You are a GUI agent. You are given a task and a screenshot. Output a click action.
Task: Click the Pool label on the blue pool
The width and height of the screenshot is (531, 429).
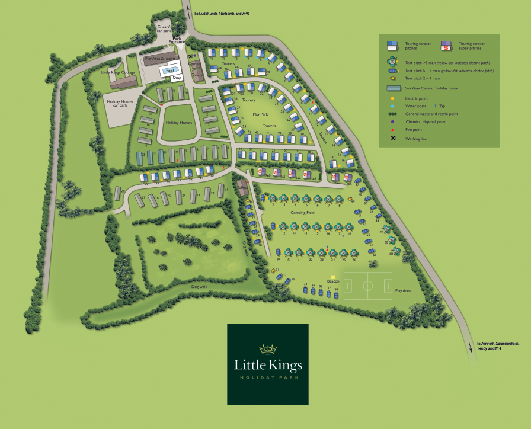click(x=170, y=70)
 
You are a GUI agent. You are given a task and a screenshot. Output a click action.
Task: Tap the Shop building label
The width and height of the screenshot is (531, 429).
click(x=177, y=78)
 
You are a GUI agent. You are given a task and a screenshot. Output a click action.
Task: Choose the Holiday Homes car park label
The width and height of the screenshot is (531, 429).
click(x=120, y=103)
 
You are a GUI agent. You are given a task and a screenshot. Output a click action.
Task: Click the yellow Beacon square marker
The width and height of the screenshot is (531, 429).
click(x=334, y=276)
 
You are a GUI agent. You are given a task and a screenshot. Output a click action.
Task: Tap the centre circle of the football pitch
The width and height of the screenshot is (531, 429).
click(x=368, y=286)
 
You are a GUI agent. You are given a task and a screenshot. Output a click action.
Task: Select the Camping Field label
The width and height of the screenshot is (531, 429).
click(x=302, y=212)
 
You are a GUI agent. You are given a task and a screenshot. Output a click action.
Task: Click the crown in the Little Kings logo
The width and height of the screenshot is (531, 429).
click(x=268, y=348)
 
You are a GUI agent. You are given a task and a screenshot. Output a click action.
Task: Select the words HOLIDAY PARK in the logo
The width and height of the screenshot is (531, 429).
click(x=268, y=377)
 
